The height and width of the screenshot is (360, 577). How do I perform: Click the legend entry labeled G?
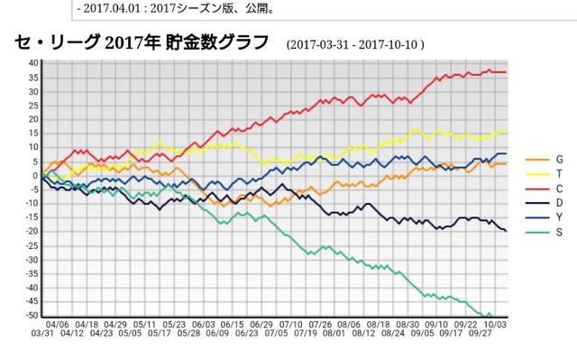pyautogui.click(x=545, y=160)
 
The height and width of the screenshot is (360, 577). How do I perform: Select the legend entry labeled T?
pyautogui.click(x=545, y=174)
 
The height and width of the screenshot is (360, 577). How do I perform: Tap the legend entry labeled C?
pyautogui.click(x=545, y=189)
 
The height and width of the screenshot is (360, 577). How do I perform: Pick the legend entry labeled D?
pyautogui.click(x=545, y=203)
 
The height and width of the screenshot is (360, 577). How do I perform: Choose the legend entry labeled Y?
pyautogui.click(x=545, y=217)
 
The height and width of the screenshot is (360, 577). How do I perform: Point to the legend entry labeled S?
pyautogui.click(x=545, y=232)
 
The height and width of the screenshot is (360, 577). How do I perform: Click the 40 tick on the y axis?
pyautogui.click(x=33, y=63)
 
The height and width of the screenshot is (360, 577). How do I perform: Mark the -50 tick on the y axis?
pyautogui.click(x=32, y=316)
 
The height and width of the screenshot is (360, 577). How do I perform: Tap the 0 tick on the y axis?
pyautogui.click(x=36, y=176)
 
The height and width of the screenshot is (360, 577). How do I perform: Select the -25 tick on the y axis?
pyautogui.click(x=32, y=246)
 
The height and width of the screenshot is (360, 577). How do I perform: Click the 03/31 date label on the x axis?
pyautogui.click(x=42, y=334)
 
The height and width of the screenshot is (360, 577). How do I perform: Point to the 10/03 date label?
pyautogui.click(x=495, y=325)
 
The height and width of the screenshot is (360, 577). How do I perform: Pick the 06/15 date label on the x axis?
pyautogui.click(x=233, y=325)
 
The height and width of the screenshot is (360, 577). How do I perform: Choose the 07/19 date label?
pyautogui.click(x=306, y=334)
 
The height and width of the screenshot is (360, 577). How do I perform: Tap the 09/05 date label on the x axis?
pyautogui.click(x=423, y=334)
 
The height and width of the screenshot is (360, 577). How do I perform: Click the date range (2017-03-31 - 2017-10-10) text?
pyautogui.click(x=355, y=44)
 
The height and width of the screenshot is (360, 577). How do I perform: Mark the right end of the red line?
pyautogui.click(x=506, y=72)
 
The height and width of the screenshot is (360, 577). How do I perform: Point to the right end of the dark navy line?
pyautogui.click(x=506, y=231)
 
